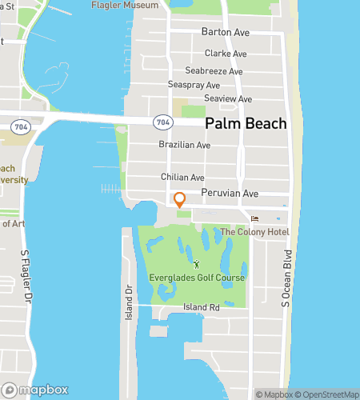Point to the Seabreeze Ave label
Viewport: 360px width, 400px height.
[x=214, y=71]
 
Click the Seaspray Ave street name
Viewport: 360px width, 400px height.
[x=194, y=85]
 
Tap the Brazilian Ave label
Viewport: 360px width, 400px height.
[x=184, y=146]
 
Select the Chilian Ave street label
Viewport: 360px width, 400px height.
[x=183, y=178]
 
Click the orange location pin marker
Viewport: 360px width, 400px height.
[x=180, y=200]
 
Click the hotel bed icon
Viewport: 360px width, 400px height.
[x=255, y=218]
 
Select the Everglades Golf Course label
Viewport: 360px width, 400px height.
[x=196, y=278]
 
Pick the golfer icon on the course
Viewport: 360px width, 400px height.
[x=196, y=264]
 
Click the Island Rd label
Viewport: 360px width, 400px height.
[x=202, y=307]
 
